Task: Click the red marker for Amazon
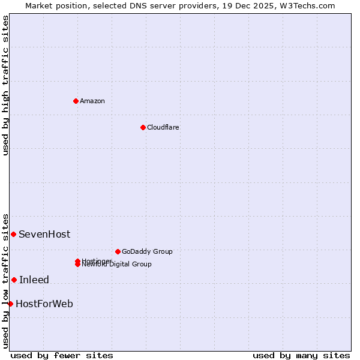coord(76,101)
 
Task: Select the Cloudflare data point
coord(143,127)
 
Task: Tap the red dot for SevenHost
coord(13,234)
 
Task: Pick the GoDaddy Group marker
coord(118,251)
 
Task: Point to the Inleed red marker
coord(14,280)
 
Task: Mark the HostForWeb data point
coord(10,304)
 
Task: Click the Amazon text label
coord(92,101)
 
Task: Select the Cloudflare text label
coord(163,127)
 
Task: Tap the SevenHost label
coord(44,235)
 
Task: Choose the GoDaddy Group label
coord(147,251)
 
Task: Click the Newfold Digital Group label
coord(117,265)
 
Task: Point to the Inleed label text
coord(34,280)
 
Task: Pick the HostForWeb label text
coord(44,304)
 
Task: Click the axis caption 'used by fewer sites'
coord(62,355)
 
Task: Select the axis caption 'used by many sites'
coord(301,355)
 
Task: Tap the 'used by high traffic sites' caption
coord(6,85)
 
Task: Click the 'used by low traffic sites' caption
coord(6,281)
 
